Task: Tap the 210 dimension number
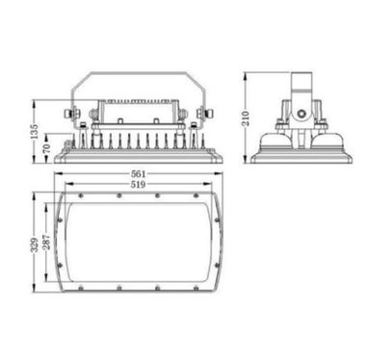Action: pyautogui.click(x=247, y=116)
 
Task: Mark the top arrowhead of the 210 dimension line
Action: pyautogui.click(x=253, y=71)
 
